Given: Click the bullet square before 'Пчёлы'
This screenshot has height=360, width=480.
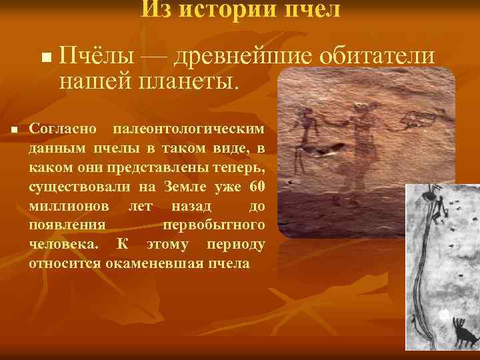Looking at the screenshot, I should click(45, 59).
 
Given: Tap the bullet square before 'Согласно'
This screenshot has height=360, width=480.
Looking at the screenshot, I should click(14, 129).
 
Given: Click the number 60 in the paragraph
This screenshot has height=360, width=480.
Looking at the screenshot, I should click(257, 185).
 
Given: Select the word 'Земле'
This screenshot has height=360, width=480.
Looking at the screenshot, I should click(185, 185).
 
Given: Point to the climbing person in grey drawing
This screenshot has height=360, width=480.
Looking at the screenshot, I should click(437, 207).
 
